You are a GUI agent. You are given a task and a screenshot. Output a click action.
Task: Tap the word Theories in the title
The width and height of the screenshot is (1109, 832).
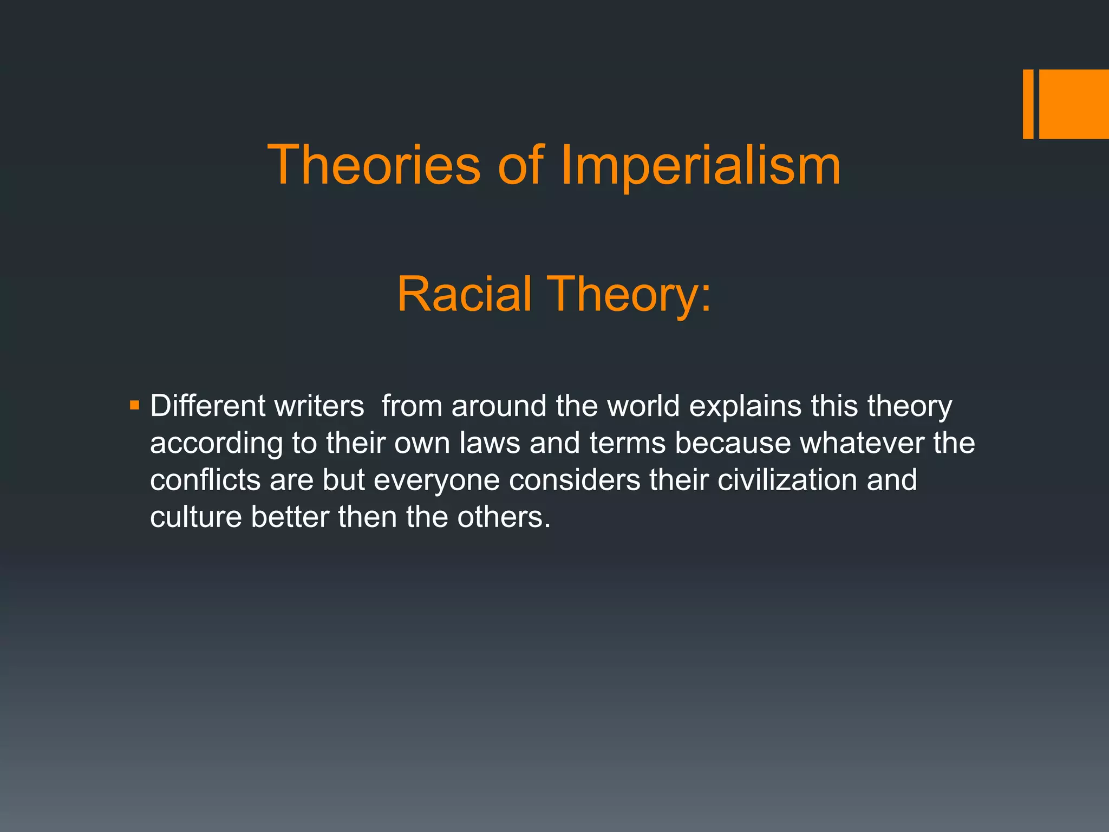[x=374, y=165]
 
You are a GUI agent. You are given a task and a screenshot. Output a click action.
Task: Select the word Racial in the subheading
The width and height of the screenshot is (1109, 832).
[x=464, y=294]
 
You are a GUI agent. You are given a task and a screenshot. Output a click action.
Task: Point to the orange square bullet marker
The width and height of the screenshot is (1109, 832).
[x=135, y=405]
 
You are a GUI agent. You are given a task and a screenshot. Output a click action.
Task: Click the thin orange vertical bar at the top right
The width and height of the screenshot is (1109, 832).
[x=1028, y=104]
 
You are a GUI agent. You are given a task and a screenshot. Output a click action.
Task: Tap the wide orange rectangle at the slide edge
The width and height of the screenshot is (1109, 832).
[x=1074, y=104]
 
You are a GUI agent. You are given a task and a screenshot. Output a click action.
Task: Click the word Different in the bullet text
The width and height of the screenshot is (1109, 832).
[x=207, y=406]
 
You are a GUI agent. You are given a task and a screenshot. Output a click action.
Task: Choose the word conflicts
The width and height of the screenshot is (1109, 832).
[x=205, y=480]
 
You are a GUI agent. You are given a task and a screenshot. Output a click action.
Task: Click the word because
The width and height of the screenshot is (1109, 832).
[x=733, y=443]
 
